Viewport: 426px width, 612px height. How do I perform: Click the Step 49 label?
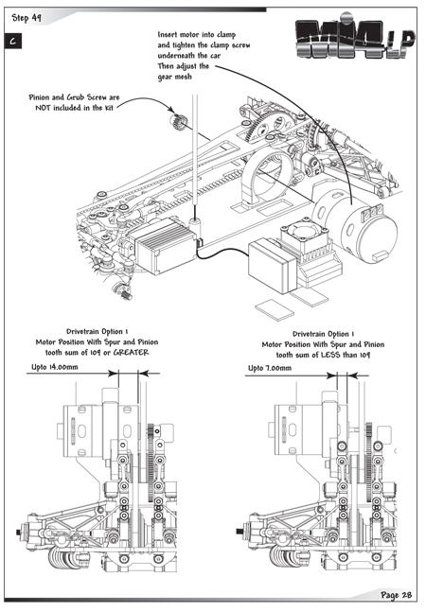[27, 18]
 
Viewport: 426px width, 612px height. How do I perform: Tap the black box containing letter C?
[13, 42]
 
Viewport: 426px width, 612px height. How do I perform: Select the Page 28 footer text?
[396, 595]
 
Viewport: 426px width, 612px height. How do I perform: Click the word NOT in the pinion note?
[43, 108]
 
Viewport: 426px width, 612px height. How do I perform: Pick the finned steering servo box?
[164, 246]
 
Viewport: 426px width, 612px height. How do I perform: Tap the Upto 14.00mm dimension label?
[55, 367]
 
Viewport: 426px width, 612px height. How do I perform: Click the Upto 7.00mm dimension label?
[270, 368]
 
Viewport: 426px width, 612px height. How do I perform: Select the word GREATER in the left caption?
[132, 353]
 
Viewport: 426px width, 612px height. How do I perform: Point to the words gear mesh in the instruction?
[174, 77]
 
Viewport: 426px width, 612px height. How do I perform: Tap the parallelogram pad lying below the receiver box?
[275, 310]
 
